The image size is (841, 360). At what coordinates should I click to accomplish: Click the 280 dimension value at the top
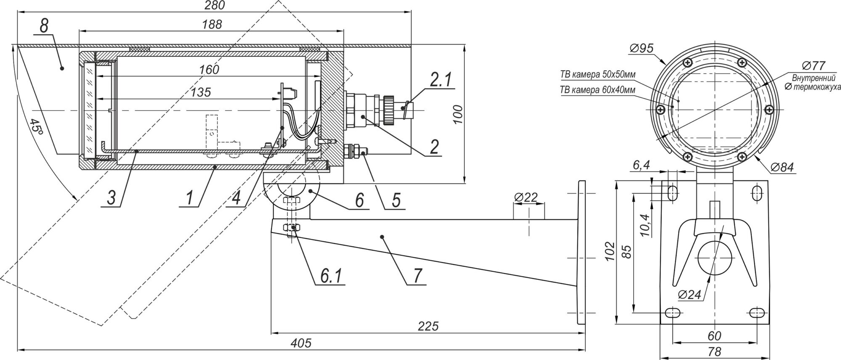(215, 5)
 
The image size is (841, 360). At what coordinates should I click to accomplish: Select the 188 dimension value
(212, 24)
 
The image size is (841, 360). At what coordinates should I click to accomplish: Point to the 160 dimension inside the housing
(209, 69)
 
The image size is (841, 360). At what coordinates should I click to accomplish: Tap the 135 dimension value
(201, 92)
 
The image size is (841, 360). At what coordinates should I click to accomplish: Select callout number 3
(111, 198)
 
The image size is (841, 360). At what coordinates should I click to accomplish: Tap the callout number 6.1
(331, 276)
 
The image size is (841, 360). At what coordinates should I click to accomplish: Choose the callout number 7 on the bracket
(417, 276)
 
